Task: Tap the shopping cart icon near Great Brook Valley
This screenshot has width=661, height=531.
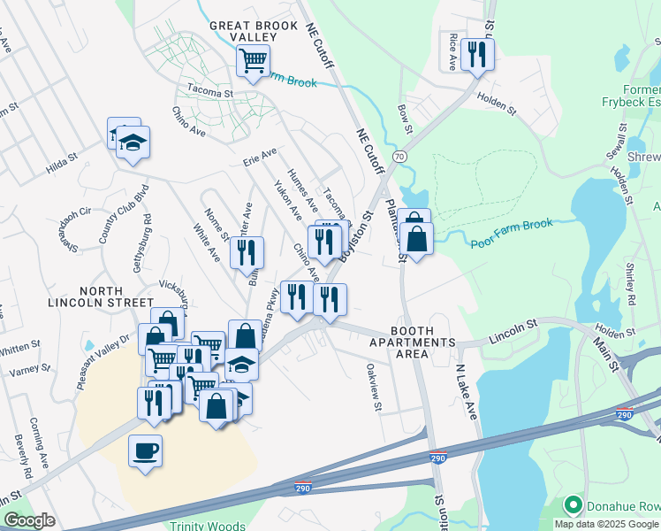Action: tap(253, 61)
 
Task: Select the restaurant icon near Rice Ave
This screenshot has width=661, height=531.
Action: tap(477, 54)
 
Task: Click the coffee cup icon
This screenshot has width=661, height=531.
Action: tap(146, 450)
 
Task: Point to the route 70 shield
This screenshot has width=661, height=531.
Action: tap(400, 157)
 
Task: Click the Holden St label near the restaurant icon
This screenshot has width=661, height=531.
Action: tap(496, 104)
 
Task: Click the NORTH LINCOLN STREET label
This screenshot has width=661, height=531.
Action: tap(118, 296)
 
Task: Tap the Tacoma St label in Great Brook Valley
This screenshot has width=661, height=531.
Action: tap(209, 92)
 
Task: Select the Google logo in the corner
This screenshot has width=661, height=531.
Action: tap(29, 520)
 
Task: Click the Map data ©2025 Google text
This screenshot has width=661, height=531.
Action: tap(605, 524)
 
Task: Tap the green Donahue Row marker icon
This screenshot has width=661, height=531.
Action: tap(573, 505)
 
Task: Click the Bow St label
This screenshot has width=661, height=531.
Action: tap(405, 118)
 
